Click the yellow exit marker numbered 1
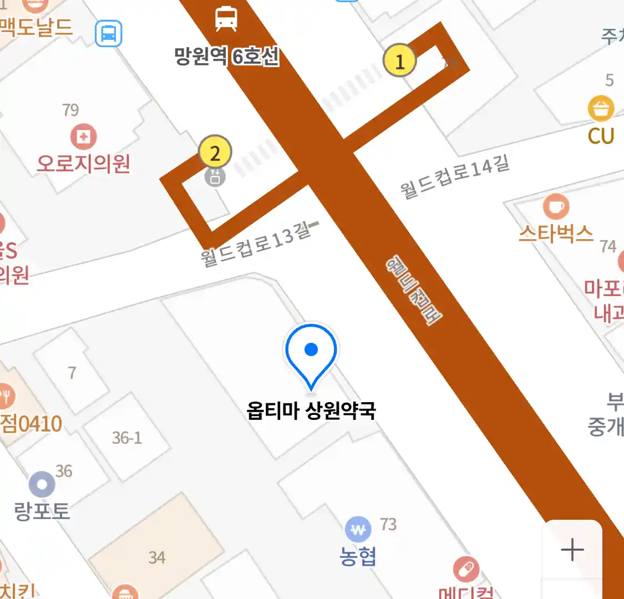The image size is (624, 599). tap(399, 60)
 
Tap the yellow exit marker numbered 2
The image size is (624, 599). tap(215, 152)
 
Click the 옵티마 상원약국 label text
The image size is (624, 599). tap(311, 411)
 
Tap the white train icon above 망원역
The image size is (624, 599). tap(226, 19)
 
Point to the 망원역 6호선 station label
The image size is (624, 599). tap(226, 56)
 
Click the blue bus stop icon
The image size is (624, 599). tap(108, 33)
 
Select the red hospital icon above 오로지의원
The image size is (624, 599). tap(84, 136)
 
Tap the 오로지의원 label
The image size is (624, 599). tap(84, 164)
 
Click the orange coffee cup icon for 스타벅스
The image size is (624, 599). tap(556, 207)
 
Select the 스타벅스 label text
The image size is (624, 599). tap(556, 233)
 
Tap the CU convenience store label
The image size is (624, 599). tap(601, 136)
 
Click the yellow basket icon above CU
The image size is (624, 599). tap(601, 109)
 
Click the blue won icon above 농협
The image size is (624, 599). tap(358, 530)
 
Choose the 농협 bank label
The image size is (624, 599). tap(358, 556)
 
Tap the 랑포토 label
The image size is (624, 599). tap(42, 511)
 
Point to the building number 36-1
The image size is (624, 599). tap(127, 438)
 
